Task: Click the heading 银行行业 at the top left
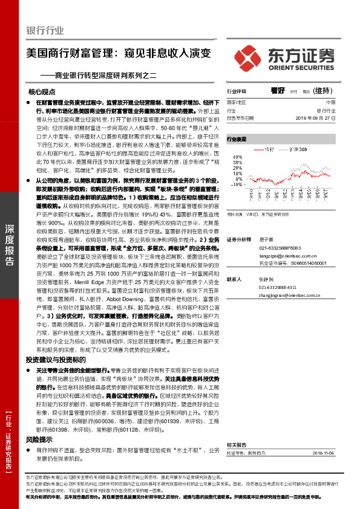click(45, 31)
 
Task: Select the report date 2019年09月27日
click(316, 118)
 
